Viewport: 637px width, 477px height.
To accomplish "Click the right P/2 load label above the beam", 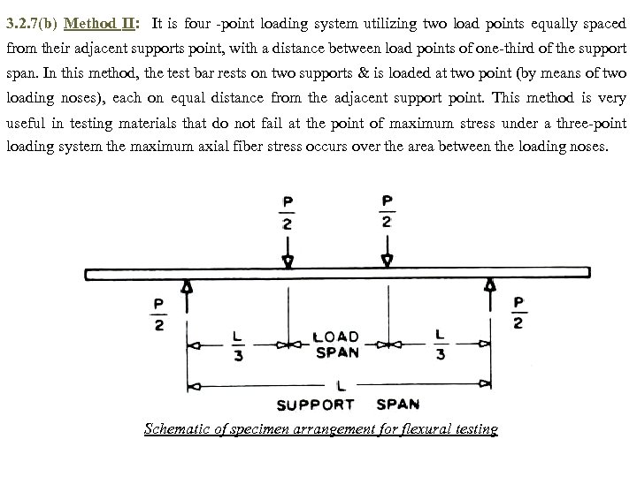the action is (387, 211).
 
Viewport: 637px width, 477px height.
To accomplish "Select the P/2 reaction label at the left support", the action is (159, 315).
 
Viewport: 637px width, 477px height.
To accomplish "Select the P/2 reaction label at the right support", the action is (518, 313).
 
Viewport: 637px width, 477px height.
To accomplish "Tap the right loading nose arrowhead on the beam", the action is (387, 261).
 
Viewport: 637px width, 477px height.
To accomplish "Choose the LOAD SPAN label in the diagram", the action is (338, 344).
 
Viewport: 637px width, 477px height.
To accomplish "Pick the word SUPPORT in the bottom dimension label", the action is (316, 405).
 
